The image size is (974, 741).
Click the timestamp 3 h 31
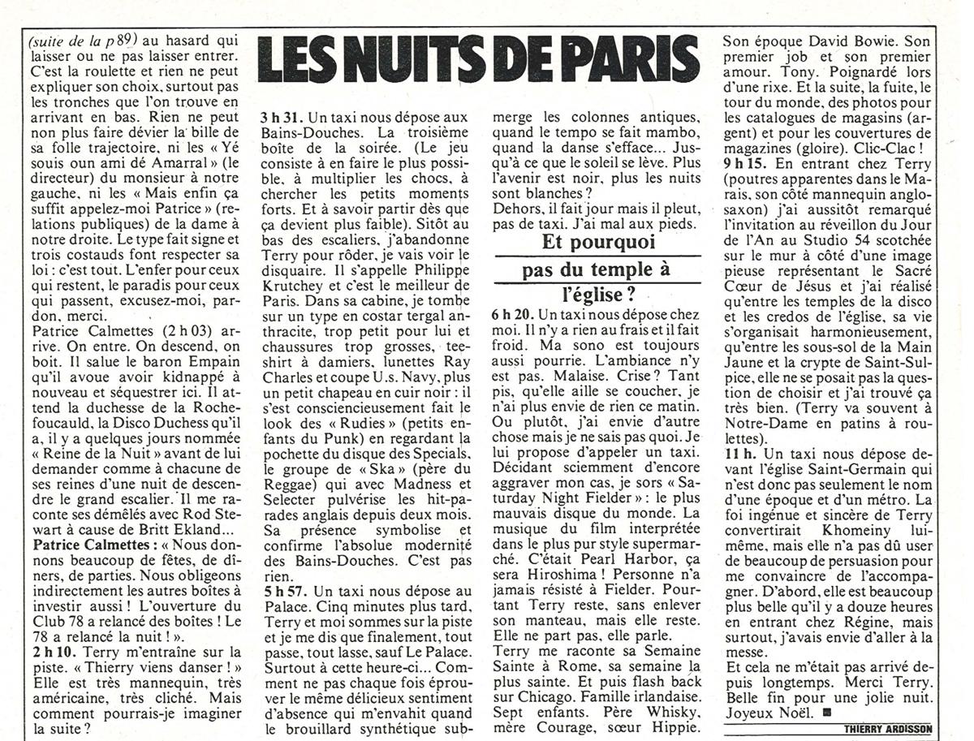click(x=280, y=118)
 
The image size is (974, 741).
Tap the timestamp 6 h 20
click(x=514, y=313)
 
